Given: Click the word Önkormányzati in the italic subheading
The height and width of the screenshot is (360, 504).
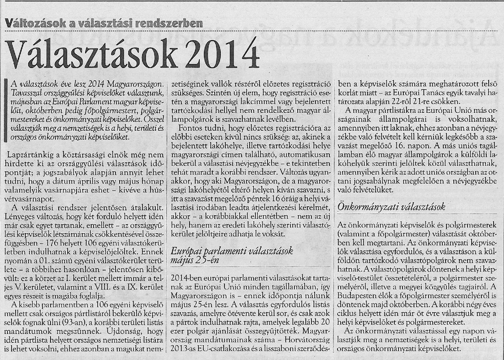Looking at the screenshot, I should pos(364,207).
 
